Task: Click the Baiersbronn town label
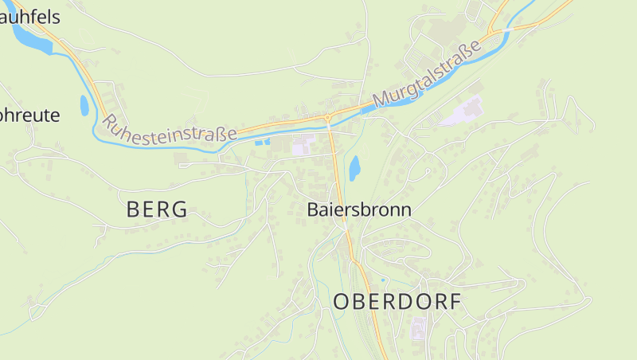point(359,210)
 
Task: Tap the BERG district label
point(157,210)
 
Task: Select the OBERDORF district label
point(397,302)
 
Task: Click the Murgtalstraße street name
point(427,75)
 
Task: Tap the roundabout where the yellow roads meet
point(328,119)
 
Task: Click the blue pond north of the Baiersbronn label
point(354,167)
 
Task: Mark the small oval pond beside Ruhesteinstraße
point(84,104)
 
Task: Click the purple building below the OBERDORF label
point(418,328)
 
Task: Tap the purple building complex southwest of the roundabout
point(303,147)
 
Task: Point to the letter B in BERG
point(133,210)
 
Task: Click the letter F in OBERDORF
point(455,302)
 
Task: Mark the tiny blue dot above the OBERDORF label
point(383,280)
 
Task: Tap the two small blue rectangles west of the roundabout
point(261,142)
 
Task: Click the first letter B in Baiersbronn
point(313,210)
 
